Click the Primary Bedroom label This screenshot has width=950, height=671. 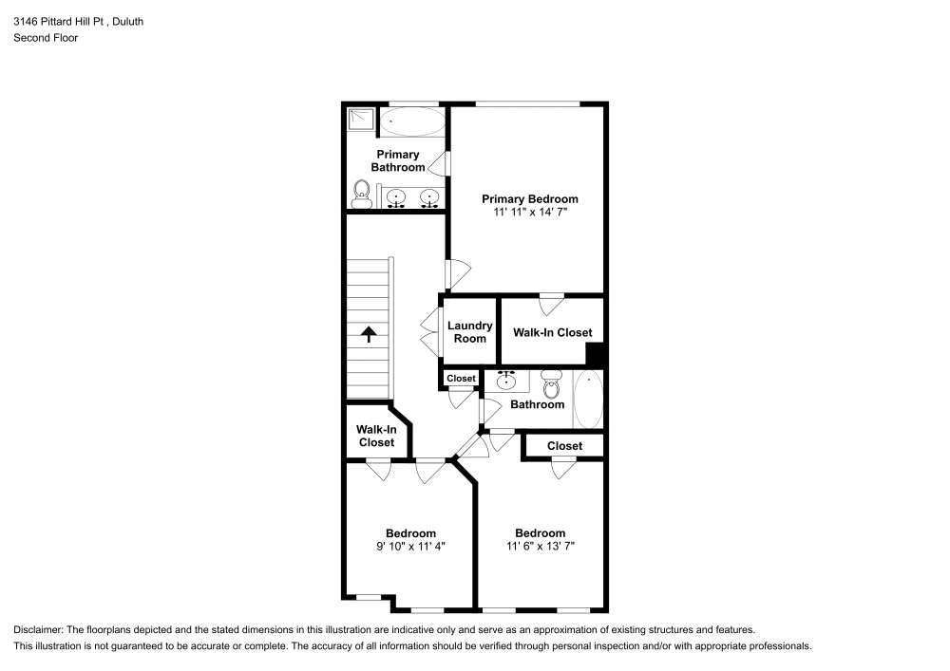529,199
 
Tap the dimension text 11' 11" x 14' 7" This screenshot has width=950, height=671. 529,213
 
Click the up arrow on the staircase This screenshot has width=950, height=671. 368,333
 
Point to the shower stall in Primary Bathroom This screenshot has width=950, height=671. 361,120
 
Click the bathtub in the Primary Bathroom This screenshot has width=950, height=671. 412,121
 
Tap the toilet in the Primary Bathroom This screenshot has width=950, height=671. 361,195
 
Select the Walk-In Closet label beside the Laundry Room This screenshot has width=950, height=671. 552,332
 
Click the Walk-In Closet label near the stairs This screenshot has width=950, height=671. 376,436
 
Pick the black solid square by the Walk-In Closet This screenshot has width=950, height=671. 596,355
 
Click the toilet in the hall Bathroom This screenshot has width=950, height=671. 551,384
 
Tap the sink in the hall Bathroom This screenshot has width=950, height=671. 506,381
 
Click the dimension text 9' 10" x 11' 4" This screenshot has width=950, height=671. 410,547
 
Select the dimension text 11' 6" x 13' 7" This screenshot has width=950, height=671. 540,547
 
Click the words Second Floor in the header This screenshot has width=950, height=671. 46,38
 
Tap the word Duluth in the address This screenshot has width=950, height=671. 126,21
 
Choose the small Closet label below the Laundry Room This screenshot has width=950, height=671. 461,379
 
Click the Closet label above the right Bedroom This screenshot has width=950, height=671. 564,446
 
